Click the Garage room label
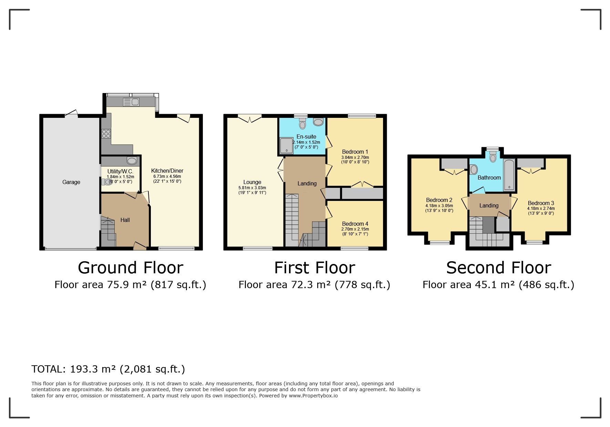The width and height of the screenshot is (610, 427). (x=71, y=182)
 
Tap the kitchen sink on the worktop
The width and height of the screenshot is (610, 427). (x=131, y=102)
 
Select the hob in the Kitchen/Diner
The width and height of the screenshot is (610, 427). (x=106, y=133)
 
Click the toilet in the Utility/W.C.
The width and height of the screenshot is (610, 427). (x=107, y=182)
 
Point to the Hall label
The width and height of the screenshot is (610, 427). (x=125, y=220)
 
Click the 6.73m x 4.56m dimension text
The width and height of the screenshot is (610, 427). (x=167, y=176)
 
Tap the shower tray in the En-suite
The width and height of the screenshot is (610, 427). (x=286, y=146)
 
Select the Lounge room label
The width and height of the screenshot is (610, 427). (x=252, y=182)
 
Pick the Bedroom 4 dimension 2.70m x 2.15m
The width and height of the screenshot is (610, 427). (x=355, y=229)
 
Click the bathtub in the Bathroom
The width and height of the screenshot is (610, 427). (x=509, y=175)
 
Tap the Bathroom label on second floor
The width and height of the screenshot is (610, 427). (x=489, y=177)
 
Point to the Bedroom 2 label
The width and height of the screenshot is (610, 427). (x=439, y=200)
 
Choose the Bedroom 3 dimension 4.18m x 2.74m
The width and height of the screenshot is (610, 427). (x=541, y=208)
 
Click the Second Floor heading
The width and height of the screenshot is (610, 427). (x=498, y=267)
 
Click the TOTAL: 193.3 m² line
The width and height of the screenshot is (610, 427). (x=108, y=369)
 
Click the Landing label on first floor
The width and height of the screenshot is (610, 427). (x=307, y=183)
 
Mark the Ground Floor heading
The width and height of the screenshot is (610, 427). (x=130, y=267)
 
